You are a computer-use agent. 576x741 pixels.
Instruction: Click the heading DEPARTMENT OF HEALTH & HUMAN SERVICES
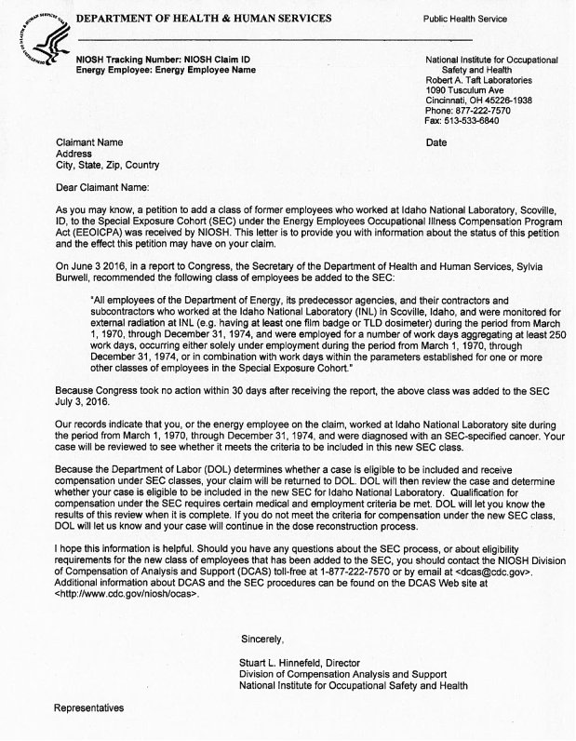click(x=203, y=19)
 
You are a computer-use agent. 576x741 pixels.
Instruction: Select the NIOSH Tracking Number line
click(x=163, y=60)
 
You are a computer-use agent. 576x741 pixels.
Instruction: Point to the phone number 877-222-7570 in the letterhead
click(x=494, y=110)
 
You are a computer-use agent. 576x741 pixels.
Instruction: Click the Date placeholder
click(x=435, y=142)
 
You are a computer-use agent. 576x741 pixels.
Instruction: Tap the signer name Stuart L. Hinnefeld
click(x=285, y=662)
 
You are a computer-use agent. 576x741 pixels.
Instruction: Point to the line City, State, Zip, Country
click(x=107, y=166)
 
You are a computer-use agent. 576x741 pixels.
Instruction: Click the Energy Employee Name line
click(x=166, y=70)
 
